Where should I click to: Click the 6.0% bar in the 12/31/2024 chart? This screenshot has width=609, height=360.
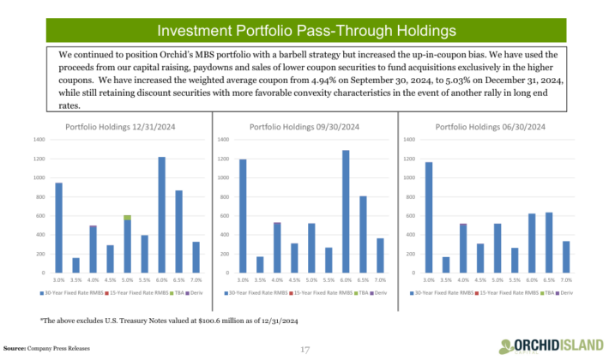[161, 214]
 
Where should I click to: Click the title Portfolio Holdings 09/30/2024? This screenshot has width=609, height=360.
[304, 127]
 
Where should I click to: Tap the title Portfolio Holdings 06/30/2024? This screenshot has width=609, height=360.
[490, 127]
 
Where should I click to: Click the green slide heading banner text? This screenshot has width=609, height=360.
[304, 32]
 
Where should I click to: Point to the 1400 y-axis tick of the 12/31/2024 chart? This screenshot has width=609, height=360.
[39, 139]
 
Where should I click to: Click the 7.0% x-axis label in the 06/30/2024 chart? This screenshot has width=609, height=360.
[566, 279]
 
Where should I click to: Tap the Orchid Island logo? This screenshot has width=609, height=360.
[554, 345]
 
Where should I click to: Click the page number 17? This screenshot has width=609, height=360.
[304, 349]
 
